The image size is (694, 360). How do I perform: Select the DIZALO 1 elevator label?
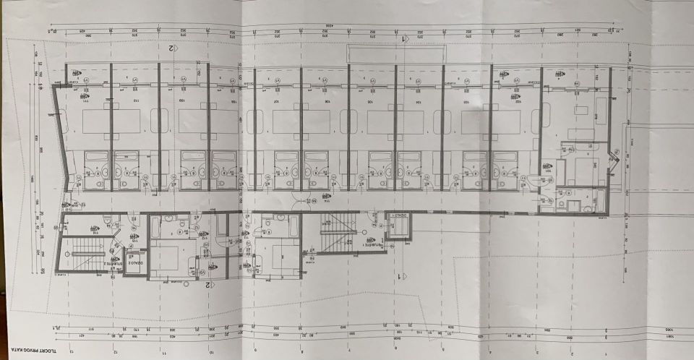pos(398,215)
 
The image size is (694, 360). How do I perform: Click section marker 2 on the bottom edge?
pos(208,284)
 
